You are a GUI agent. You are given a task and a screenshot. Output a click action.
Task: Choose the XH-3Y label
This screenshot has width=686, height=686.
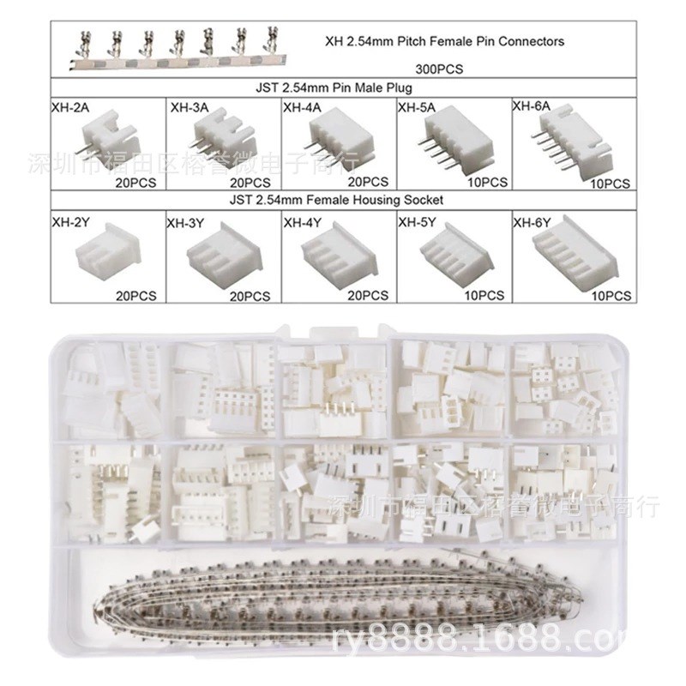coord(185,222)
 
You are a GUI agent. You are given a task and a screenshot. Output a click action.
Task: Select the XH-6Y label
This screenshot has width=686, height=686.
coord(531,222)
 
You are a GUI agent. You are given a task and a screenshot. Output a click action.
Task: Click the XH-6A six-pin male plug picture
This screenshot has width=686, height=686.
coord(569,146)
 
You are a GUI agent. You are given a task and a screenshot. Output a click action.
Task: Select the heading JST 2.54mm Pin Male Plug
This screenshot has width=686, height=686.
coord(345,88)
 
